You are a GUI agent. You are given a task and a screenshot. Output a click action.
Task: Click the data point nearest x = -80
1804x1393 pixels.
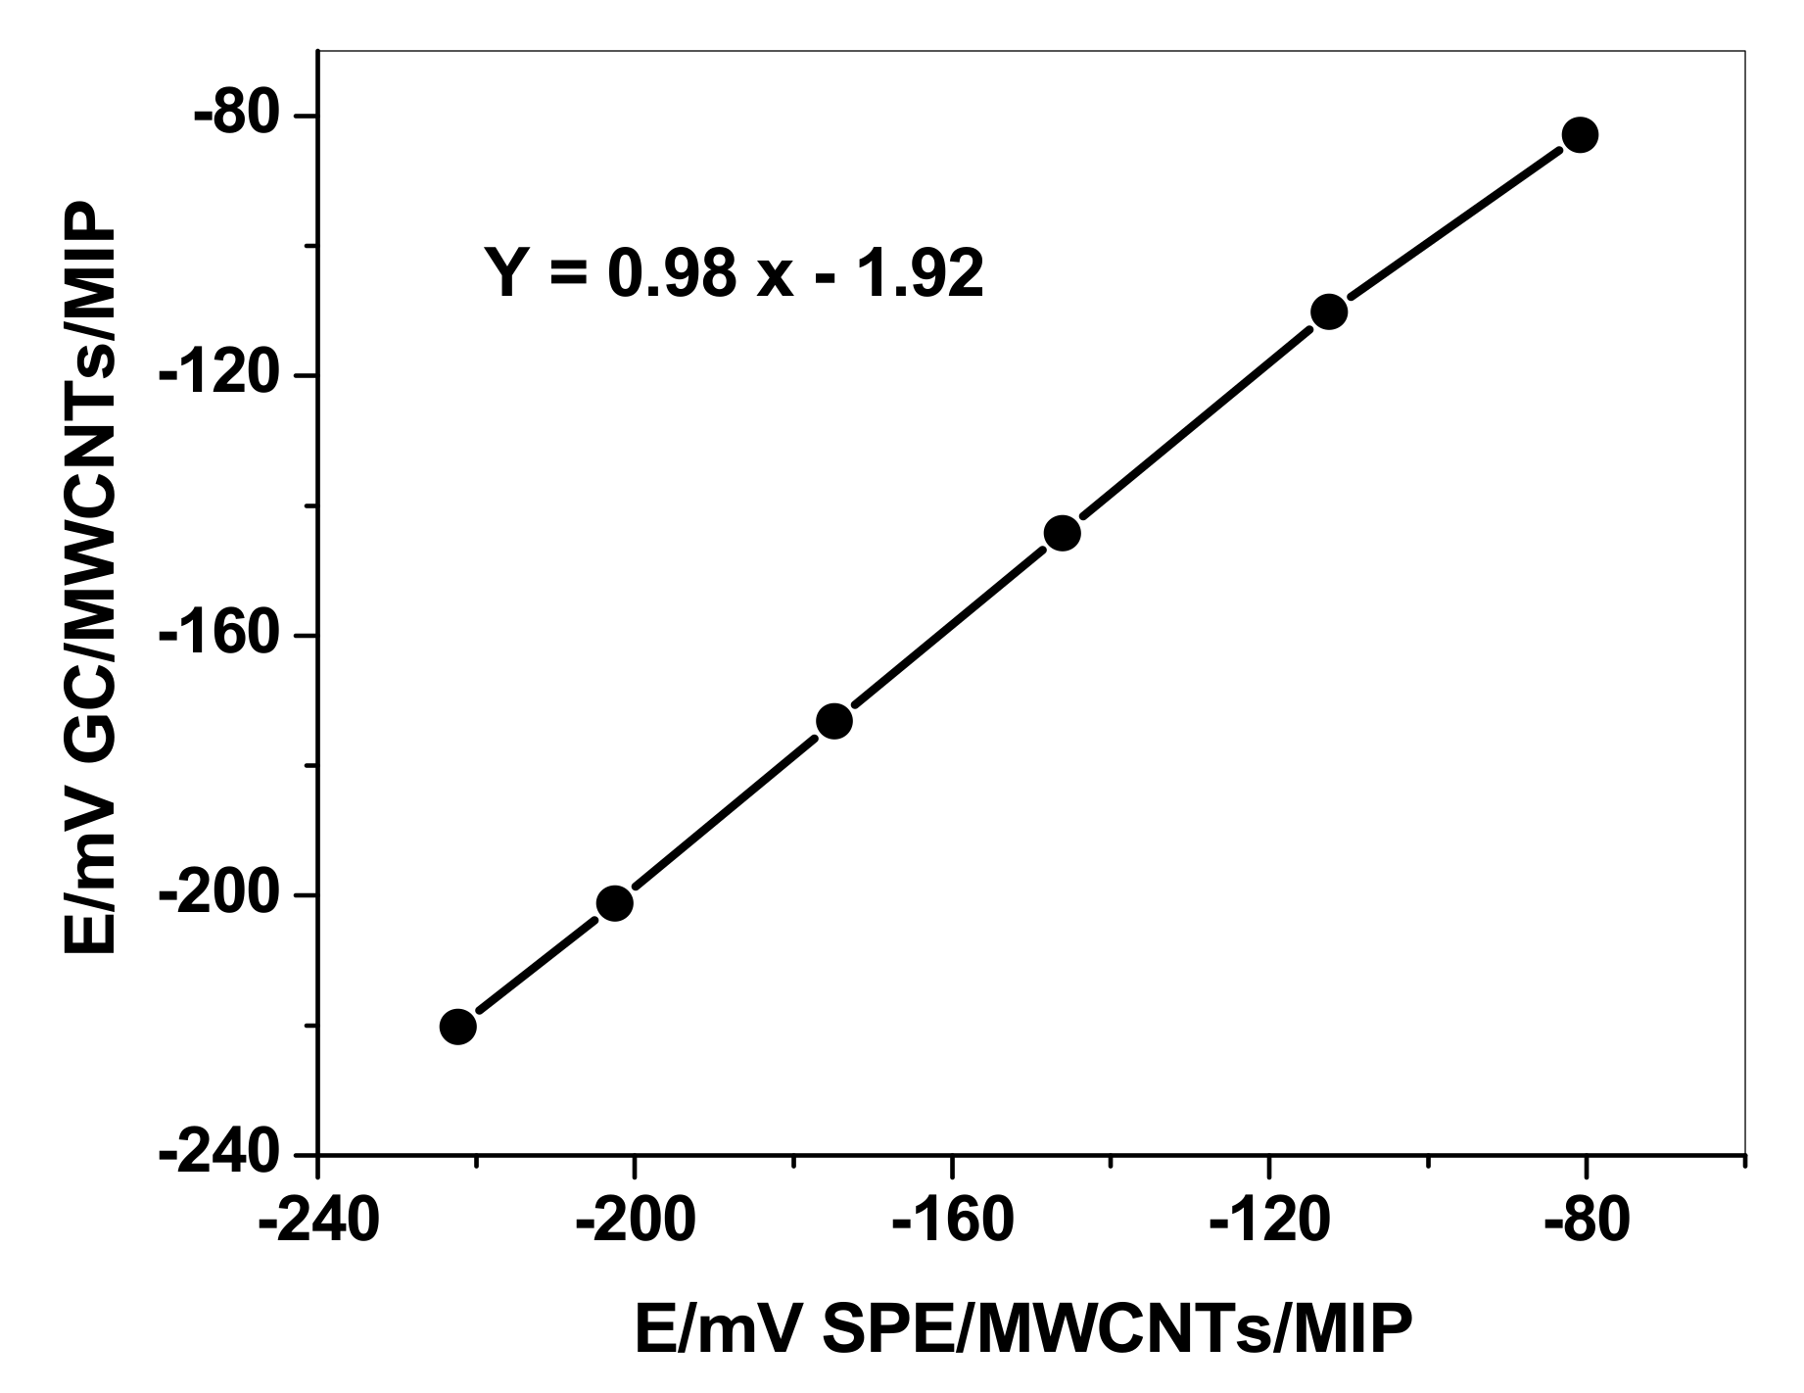pos(1580,134)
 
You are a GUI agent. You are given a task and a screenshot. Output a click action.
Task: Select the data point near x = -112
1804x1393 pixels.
pos(1329,312)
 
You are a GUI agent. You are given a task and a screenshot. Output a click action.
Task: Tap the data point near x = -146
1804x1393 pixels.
pos(1062,533)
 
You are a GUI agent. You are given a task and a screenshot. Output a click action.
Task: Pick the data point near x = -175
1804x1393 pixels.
pos(833,721)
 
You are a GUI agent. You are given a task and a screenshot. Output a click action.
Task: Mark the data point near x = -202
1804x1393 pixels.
pos(614,903)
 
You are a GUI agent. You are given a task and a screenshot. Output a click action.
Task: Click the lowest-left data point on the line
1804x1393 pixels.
pos(457,1027)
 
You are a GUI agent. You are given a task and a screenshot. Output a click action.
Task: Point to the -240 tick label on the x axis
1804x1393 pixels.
pos(318,1222)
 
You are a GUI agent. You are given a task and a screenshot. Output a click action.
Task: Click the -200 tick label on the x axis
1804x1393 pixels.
pos(636,1222)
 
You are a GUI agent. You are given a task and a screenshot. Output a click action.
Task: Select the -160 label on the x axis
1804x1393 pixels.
pos(952,1222)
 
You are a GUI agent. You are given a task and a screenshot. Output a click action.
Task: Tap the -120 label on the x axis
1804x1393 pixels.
pos(1269,1222)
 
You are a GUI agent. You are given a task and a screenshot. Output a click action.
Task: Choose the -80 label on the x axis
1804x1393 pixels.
pos(1586,1222)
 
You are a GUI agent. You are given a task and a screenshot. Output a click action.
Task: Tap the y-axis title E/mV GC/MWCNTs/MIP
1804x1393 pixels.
pos(90,578)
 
